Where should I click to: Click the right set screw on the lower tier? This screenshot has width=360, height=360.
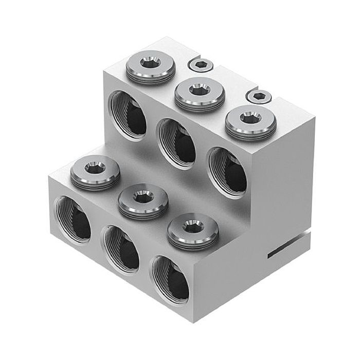(192, 228)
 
